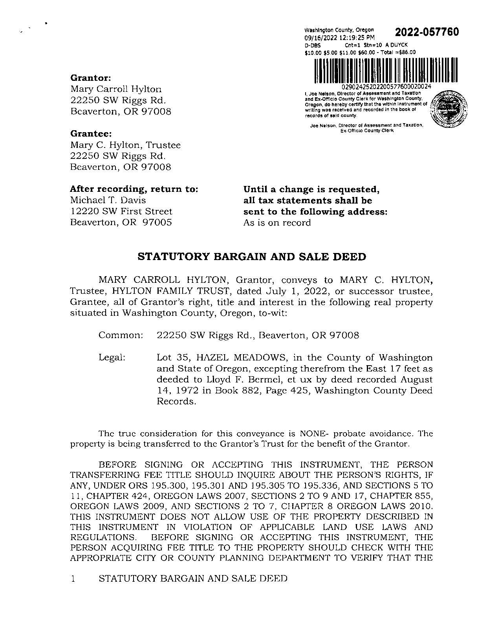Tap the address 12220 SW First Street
tap(121, 211)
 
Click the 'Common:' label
tap(121, 335)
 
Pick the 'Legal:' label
tap(112, 358)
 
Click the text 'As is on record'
tap(277, 223)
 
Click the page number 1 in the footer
tap(73, 579)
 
